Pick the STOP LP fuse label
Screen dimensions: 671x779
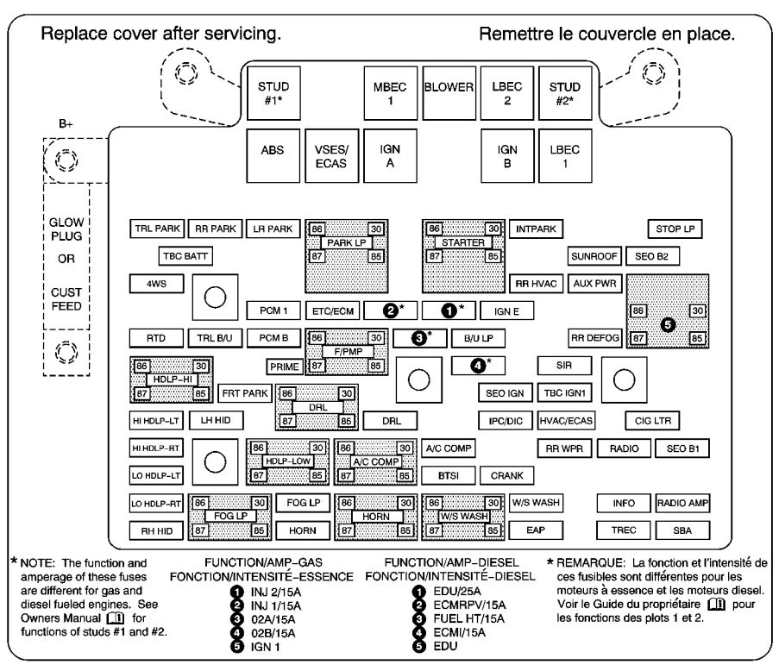pyautogui.click(x=675, y=229)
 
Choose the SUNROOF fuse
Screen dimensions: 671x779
pyautogui.click(x=593, y=256)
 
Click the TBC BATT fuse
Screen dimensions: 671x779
pyautogui.click(x=185, y=256)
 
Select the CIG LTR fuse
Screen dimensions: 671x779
pyautogui.click(x=653, y=421)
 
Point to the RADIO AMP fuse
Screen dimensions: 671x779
pyautogui.click(x=682, y=502)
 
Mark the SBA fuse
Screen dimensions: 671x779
pyautogui.click(x=682, y=529)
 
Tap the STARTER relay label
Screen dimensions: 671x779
pyautogui.click(x=462, y=243)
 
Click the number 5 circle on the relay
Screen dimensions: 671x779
pyautogui.click(x=667, y=323)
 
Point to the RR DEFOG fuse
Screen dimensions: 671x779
pyautogui.click(x=594, y=337)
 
